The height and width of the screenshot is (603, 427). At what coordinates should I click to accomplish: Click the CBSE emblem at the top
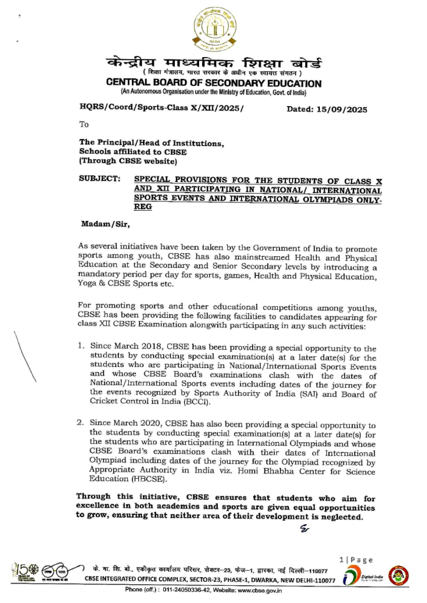click(x=213, y=29)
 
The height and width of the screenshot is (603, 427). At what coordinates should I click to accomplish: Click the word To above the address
click(x=84, y=124)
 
